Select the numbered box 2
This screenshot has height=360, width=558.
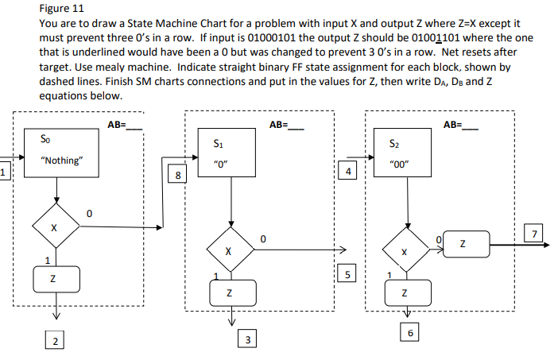point(54,341)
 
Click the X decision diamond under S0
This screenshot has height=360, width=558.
point(55,228)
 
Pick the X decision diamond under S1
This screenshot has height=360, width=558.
point(229,250)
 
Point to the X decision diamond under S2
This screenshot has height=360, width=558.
point(405,251)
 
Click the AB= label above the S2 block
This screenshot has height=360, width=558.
point(461,124)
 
